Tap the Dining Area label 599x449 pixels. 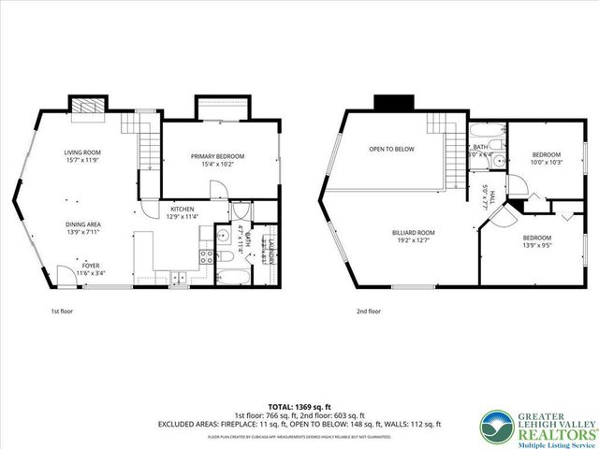tap(82, 227)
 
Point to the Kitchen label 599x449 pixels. tap(182, 212)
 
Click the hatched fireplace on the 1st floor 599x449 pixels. tap(90, 106)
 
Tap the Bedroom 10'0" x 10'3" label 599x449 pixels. tap(547, 158)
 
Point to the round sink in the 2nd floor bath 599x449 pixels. tap(500, 161)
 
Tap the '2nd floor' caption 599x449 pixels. tap(368, 311)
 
